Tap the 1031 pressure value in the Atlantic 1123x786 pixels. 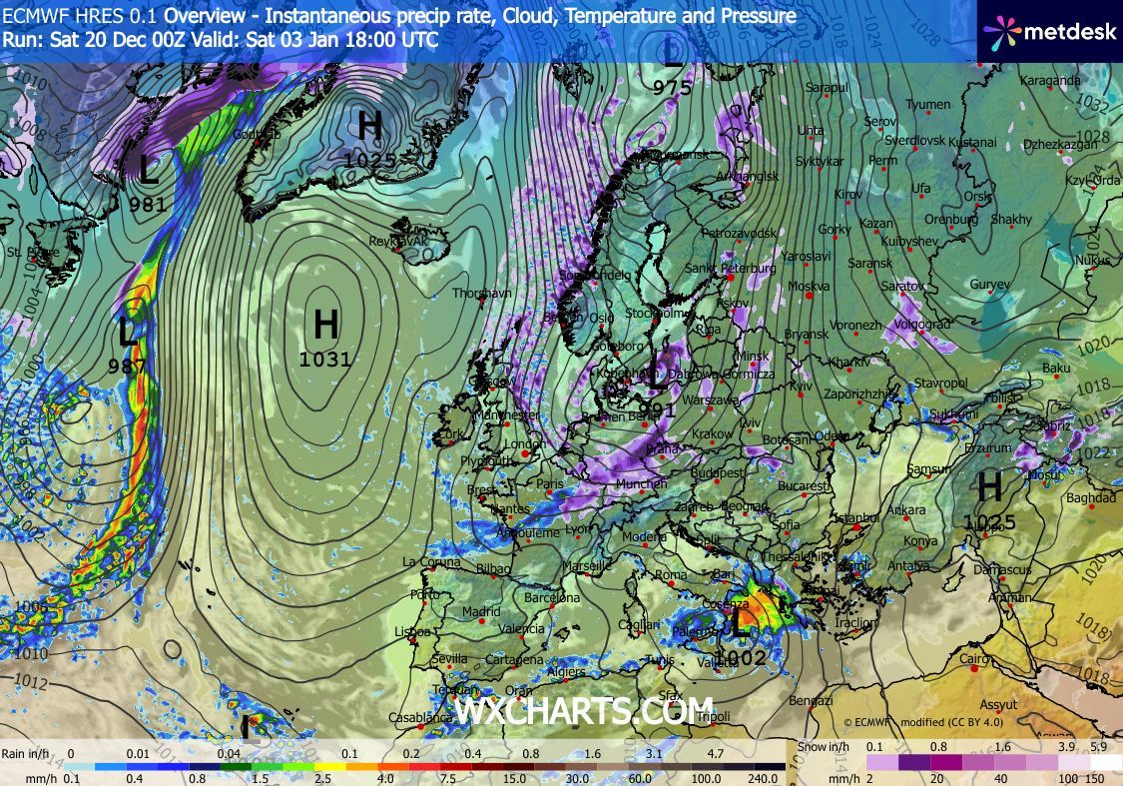(x=325, y=360)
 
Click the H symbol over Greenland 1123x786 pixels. (x=370, y=126)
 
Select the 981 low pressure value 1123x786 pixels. (x=148, y=205)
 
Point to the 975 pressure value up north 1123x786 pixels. (x=673, y=88)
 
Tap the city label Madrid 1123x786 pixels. (x=481, y=612)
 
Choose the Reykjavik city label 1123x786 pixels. (x=398, y=242)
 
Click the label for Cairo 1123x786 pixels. (x=974, y=659)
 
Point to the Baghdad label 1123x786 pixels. (x=1091, y=497)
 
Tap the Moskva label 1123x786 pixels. (x=810, y=287)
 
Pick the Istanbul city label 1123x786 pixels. (x=857, y=517)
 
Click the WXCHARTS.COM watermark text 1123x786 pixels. (x=584, y=711)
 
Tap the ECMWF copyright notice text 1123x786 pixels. (x=922, y=721)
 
